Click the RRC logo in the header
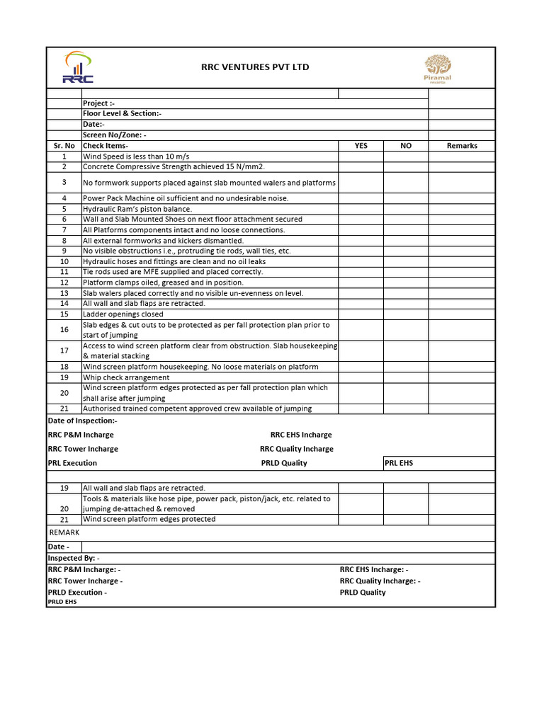click(77, 68)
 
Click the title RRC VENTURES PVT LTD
click(255, 67)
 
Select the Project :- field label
click(98, 103)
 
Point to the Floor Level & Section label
click(122, 114)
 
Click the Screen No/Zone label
click(114, 135)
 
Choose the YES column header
click(361, 146)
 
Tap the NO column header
click(405, 146)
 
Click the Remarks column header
click(462, 146)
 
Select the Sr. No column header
click(64, 146)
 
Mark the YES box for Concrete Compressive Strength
click(361, 167)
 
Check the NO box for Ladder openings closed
click(405, 314)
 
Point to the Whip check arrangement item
click(126, 378)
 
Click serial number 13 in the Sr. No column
click(64, 293)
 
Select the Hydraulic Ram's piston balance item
click(137, 209)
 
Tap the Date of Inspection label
click(82, 421)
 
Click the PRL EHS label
click(398, 463)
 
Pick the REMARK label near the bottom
click(64, 532)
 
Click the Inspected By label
click(74, 558)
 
